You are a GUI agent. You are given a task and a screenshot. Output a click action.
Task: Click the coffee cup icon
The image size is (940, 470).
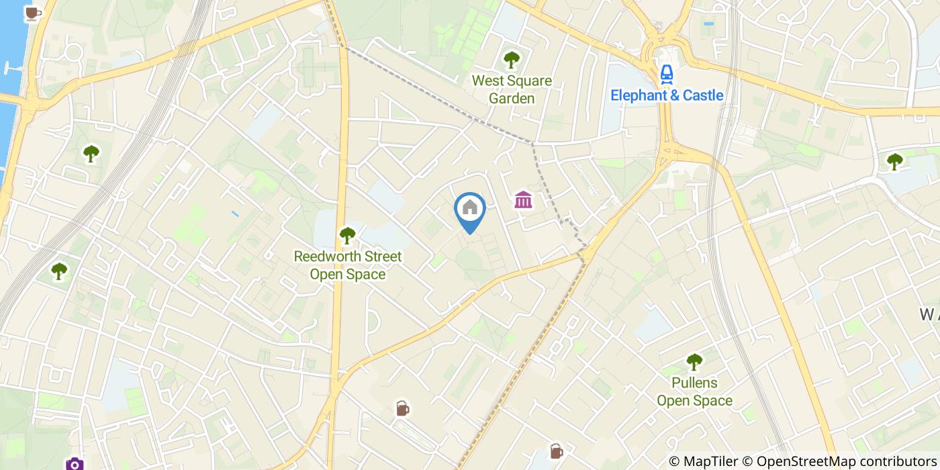[x=32, y=13]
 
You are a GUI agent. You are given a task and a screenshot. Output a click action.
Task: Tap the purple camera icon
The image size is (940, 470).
[x=75, y=464]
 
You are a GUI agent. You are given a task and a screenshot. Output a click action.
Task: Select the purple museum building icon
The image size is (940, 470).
[x=523, y=199]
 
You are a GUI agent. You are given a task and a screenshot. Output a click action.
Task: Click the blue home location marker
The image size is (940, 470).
[x=470, y=209]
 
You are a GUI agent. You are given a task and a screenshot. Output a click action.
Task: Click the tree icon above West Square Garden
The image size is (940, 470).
[x=512, y=60]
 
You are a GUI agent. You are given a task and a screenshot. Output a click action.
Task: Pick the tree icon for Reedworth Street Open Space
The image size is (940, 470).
[x=347, y=235]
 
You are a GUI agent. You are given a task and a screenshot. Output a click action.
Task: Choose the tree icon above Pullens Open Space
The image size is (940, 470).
[x=694, y=362]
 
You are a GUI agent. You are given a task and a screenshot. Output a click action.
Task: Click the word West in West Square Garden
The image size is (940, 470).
[x=488, y=81]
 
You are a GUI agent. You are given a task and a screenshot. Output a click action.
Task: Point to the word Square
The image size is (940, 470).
[x=530, y=81]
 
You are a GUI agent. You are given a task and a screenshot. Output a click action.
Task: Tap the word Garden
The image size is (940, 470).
[x=512, y=99]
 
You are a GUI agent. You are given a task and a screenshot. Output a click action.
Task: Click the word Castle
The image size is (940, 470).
[x=700, y=95]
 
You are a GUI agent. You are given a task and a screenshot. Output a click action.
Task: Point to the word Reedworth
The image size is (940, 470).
[x=328, y=256]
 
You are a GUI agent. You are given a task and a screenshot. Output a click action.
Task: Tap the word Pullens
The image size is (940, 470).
[x=694, y=383]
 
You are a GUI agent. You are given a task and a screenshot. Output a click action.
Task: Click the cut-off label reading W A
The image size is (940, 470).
[x=929, y=314]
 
